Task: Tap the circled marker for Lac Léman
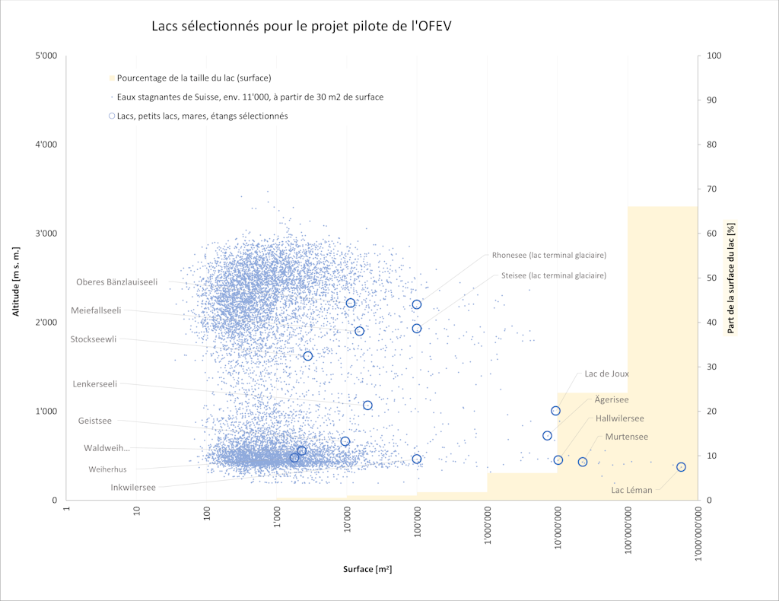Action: point(681,467)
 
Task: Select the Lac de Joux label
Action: point(606,374)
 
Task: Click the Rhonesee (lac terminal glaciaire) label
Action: point(548,255)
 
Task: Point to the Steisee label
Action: point(553,275)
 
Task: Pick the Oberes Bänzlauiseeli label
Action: point(116,282)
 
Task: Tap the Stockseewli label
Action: point(94,339)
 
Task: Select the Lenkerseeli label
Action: point(94,384)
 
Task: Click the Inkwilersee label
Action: point(133,488)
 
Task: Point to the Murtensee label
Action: point(626,437)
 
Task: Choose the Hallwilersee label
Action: point(619,418)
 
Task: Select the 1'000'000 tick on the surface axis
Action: point(488,525)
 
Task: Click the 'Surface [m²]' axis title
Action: point(367,570)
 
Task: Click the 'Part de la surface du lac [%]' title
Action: point(732,278)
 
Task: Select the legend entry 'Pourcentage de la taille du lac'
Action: point(194,78)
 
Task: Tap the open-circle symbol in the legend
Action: point(112,116)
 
